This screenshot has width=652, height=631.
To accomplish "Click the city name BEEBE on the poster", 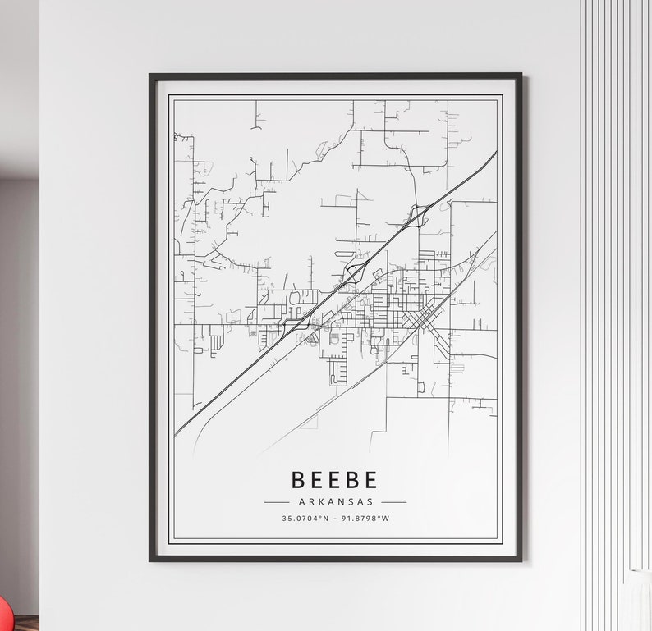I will coord(335,480).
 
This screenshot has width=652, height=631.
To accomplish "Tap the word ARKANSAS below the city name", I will coord(335,501).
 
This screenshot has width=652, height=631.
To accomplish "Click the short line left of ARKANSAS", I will coord(277,501).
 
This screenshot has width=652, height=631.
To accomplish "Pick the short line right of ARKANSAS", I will coord(393,501).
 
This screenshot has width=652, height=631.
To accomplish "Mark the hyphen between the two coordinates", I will coord(335,518).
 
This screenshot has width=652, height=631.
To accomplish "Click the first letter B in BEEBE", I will coord(298,480).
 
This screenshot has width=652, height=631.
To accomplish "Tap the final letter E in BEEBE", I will coord(371,480).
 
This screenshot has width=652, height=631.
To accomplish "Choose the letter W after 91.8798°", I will coord(386,518).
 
